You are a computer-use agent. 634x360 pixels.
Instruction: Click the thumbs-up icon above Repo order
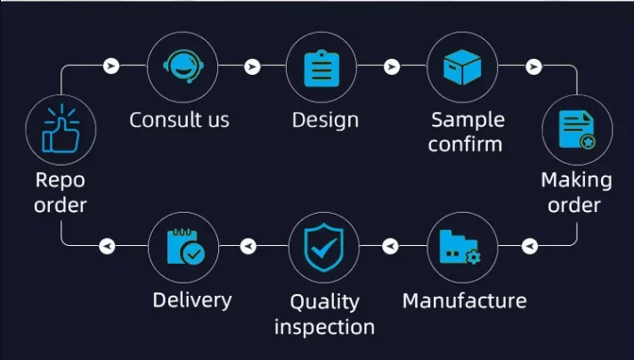pos(61,128)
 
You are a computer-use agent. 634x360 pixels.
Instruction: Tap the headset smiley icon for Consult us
pos(183,66)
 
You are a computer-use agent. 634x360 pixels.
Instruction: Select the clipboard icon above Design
pos(321,68)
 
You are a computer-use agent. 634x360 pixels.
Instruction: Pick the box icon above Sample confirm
pos(462,67)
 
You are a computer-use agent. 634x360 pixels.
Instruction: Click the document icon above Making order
pos(577,130)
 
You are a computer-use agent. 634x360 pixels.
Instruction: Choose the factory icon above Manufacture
pos(460,247)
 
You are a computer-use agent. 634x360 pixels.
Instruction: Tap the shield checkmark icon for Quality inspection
pos(323,247)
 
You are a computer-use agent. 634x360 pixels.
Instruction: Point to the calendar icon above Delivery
pos(186,247)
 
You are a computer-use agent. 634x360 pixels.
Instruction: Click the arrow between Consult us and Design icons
pos(252,66)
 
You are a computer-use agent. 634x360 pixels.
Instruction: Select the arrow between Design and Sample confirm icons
pos(392,66)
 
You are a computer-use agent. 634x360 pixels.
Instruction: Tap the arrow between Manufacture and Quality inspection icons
pos(390,246)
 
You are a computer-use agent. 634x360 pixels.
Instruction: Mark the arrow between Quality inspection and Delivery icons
pos(248,246)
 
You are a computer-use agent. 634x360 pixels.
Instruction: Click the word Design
pos(326,120)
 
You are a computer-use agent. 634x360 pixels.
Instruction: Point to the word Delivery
pos(192,300)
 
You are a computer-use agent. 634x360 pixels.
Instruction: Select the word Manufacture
pos(465,301)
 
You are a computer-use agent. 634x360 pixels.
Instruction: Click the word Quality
pos(325,302)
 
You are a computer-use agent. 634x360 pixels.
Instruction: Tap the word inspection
pos(324,327)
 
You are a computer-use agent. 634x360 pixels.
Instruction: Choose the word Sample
pos(467,120)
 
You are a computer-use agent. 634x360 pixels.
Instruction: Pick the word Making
pos(577,180)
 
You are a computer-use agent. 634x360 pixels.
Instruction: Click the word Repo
pos(61,180)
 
